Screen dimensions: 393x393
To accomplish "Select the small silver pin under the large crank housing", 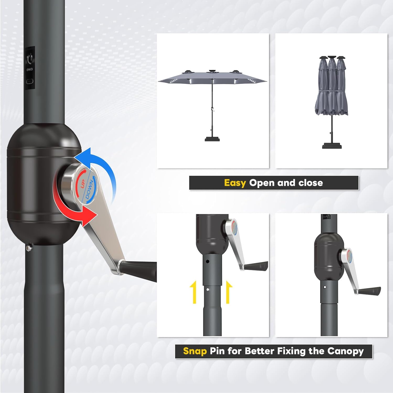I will click(x=29, y=248).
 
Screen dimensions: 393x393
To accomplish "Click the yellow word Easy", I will click(x=235, y=183).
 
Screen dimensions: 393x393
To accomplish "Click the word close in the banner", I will click(x=311, y=183).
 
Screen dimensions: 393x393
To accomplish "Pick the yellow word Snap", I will click(x=195, y=351).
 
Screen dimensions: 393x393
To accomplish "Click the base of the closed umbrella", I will click(x=332, y=145).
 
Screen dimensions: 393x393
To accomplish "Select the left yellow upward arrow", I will click(x=194, y=292).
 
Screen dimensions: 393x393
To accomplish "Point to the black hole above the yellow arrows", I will click(x=207, y=261).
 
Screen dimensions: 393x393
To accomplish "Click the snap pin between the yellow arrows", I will click(x=208, y=290).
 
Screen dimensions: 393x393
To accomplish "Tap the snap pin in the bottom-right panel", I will click(x=325, y=287).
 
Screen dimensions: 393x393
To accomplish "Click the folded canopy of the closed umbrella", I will click(x=332, y=89).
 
